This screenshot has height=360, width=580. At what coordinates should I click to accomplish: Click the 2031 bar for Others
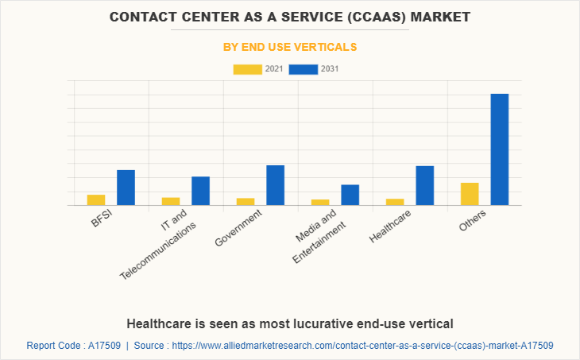click(499, 149)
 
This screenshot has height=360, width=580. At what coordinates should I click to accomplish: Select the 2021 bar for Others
click(470, 194)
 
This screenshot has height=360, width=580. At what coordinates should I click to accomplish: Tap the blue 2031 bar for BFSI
click(126, 188)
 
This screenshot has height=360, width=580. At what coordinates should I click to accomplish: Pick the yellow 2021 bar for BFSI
click(96, 199)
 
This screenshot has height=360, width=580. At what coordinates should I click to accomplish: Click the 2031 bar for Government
click(275, 185)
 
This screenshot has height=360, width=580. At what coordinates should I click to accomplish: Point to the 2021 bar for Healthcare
click(395, 202)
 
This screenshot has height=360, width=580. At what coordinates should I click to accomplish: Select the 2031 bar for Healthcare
click(424, 185)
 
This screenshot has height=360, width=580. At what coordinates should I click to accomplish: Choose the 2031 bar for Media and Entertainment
click(350, 195)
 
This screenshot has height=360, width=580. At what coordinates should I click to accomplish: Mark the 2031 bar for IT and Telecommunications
click(200, 191)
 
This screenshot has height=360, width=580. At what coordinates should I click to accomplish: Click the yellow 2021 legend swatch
click(247, 69)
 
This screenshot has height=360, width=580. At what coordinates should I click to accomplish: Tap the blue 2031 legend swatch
click(304, 69)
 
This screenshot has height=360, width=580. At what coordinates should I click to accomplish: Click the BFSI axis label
click(102, 219)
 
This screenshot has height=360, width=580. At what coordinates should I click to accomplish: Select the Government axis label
click(239, 228)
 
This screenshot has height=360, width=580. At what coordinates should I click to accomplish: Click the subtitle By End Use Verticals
click(289, 47)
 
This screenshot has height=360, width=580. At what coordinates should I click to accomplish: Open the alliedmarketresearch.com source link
click(361, 346)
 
